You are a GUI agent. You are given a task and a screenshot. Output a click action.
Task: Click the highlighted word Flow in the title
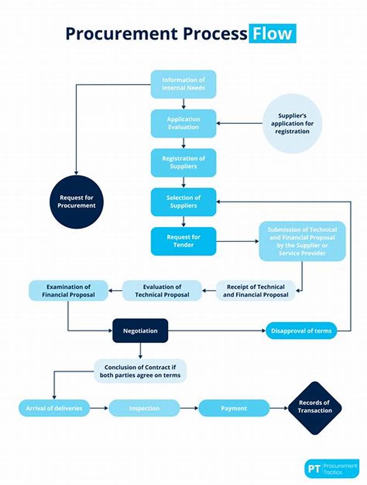272,34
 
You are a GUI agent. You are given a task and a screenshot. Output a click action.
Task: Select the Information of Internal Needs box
183,84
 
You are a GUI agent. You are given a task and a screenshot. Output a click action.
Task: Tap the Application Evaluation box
183,123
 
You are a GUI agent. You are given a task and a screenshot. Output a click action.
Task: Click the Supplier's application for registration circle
292,123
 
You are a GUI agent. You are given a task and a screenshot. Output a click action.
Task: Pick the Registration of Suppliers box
183,163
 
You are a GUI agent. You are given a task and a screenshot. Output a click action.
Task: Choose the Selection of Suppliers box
183,202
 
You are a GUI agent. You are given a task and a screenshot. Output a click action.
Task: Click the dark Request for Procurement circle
77,202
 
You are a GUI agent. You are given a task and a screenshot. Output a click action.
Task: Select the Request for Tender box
183,241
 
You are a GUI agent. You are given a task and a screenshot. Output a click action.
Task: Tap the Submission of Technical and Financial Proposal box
302,241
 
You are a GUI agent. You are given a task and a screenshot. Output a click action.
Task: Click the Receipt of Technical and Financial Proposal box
256,291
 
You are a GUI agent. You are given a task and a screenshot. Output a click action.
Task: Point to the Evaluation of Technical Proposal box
162,291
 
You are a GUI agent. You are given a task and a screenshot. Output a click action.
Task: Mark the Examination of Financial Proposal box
68,291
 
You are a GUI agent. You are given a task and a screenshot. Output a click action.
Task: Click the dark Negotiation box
140,331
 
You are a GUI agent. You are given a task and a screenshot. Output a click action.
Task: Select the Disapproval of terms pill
301,331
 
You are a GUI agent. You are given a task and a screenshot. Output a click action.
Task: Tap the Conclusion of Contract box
140,371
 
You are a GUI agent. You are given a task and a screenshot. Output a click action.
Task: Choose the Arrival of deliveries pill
54,408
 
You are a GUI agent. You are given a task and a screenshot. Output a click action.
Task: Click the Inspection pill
144,408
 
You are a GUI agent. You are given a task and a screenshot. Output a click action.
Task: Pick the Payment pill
234,408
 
